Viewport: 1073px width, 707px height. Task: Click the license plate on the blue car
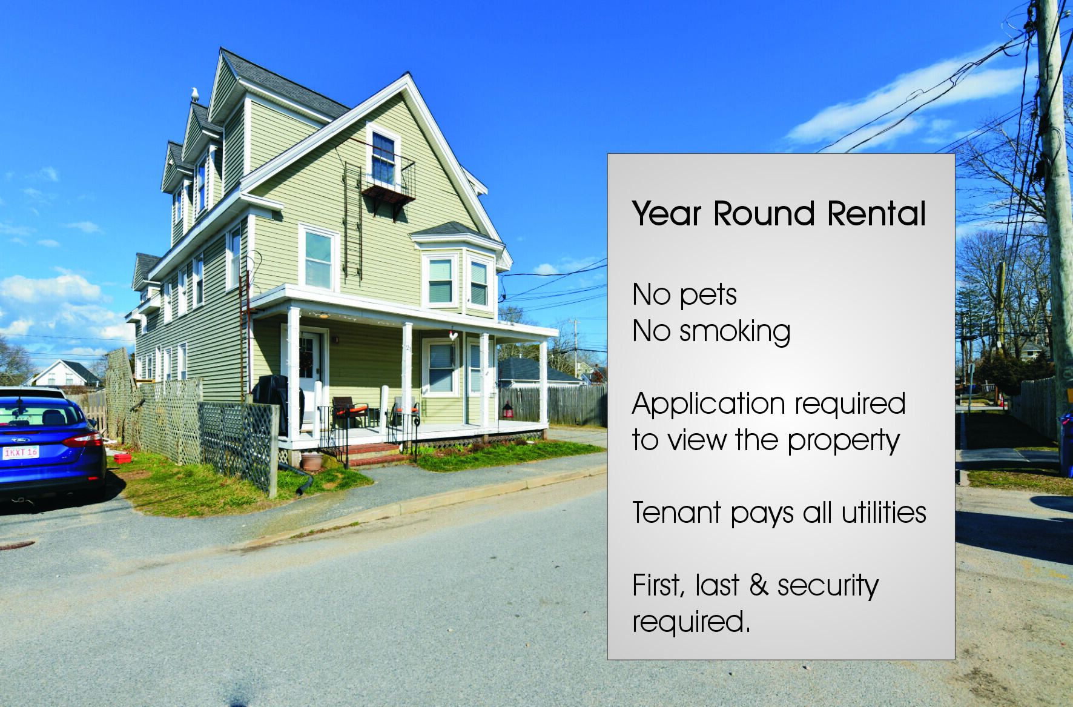click(21, 453)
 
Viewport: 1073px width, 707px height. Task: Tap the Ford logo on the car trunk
click(16, 440)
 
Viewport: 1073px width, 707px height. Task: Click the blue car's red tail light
click(82, 439)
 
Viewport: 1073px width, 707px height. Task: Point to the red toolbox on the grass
click(123, 458)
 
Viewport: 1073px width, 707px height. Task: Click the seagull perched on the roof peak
click(195, 95)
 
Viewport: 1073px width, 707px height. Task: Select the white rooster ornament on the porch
click(453, 333)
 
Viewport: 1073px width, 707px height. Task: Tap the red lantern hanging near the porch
click(507, 410)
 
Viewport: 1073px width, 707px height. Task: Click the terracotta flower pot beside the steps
click(312, 461)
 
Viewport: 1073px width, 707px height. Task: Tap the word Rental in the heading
click(876, 213)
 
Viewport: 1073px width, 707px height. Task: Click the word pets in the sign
click(708, 296)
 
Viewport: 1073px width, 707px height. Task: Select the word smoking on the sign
click(735, 332)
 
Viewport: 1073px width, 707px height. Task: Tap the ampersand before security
click(759, 585)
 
